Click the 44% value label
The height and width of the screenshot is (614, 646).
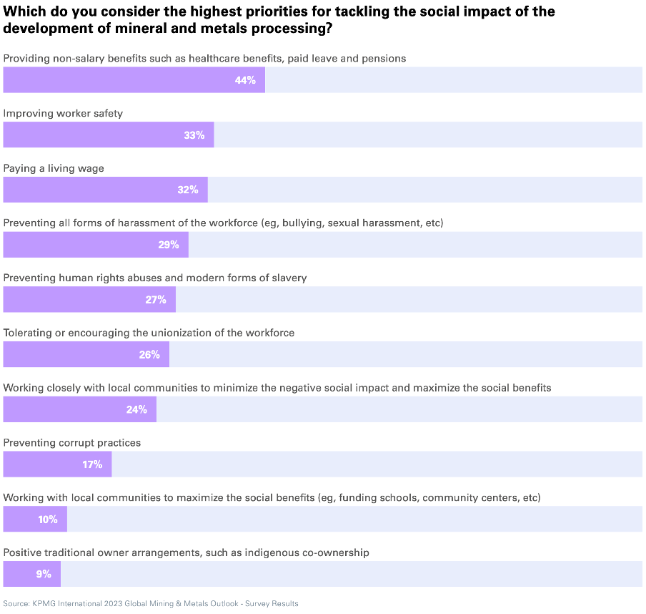(245, 80)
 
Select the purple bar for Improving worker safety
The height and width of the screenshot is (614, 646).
(109, 135)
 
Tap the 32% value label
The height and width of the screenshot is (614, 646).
(188, 190)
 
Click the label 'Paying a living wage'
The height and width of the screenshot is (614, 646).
(54, 168)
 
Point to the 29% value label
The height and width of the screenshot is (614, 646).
(169, 245)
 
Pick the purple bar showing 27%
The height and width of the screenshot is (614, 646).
(89, 299)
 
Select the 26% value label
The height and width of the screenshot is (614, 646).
(149, 354)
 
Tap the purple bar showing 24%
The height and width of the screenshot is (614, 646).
(80, 409)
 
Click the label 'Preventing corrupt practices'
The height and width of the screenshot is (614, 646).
(72, 443)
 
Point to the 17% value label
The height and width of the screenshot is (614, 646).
(92, 464)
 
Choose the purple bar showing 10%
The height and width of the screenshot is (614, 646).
(35, 519)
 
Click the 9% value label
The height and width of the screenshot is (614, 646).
(44, 574)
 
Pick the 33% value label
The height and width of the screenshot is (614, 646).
(194, 135)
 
